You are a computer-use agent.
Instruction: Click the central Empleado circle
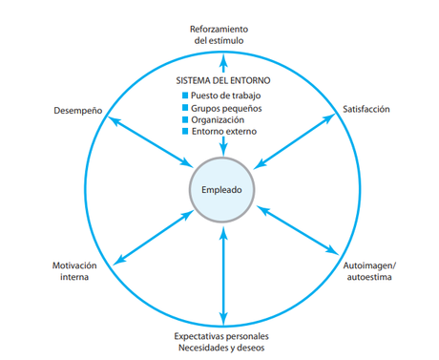click(x=222, y=189)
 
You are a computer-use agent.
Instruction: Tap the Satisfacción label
click(x=366, y=110)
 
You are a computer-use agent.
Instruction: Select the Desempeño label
click(x=78, y=111)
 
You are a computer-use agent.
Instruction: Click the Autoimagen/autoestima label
click(x=367, y=270)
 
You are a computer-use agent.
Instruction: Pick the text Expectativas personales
click(x=222, y=335)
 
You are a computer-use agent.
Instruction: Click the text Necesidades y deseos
click(x=222, y=348)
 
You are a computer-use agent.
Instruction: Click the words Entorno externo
click(x=227, y=133)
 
